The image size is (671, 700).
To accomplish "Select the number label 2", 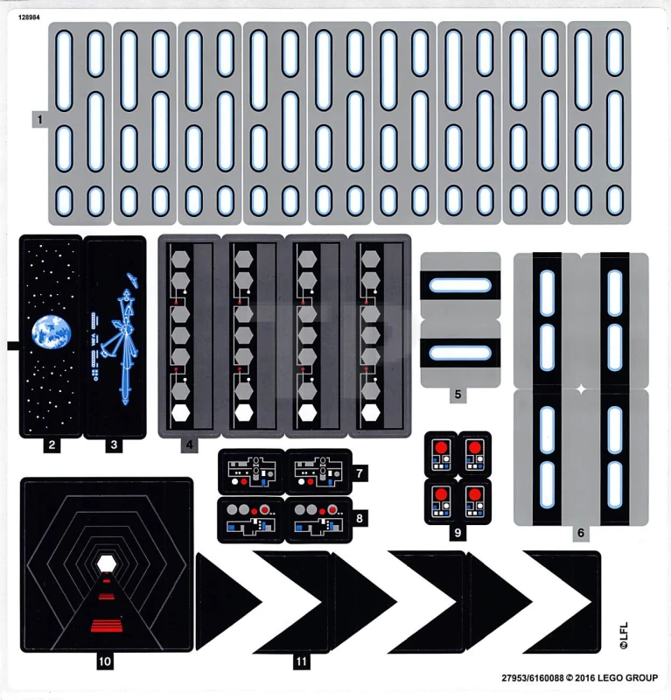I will tap(52, 444).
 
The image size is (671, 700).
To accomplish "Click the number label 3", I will tap(113, 444).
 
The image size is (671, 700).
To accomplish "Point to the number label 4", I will tap(188, 444).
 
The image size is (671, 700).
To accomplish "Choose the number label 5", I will tap(457, 395).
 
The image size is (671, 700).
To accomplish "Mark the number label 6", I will tap(581, 533).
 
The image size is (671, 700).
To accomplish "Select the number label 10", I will tap(105, 661).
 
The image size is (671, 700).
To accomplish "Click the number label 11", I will tap(301, 661).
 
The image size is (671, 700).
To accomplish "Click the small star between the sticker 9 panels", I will tap(457, 479).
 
